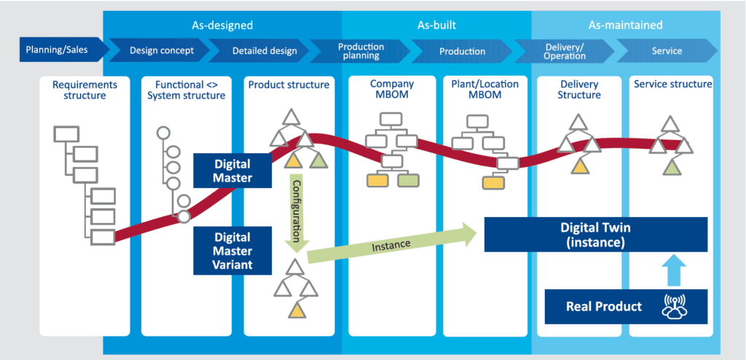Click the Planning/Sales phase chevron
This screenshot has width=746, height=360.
(x=57, y=50)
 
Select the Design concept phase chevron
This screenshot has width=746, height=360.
(x=162, y=51)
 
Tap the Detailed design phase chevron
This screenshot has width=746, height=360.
(x=264, y=51)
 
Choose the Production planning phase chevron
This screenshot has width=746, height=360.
(x=361, y=51)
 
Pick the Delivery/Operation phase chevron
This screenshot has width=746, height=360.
(x=565, y=51)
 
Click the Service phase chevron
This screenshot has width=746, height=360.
(x=667, y=51)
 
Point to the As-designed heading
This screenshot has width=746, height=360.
(x=223, y=25)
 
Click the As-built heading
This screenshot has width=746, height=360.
(x=436, y=25)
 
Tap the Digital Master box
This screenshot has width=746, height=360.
(x=232, y=170)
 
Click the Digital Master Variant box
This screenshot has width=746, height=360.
(x=232, y=251)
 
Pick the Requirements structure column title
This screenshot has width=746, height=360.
(x=79, y=90)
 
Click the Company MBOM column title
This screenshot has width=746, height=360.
(x=392, y=90)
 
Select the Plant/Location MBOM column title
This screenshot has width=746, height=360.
(x=485, y=90)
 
